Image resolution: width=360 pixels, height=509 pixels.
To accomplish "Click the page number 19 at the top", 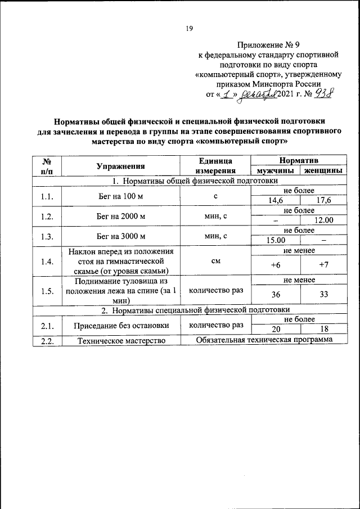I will [x=190, y=30].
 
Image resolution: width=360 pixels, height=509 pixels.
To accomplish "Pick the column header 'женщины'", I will [x=322, y=170].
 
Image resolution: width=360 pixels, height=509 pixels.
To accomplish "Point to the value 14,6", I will [x=276, y=201].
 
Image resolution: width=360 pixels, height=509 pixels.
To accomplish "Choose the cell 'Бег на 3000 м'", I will [x=120, y=236].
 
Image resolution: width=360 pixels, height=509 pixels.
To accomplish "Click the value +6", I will [x=276, y=265].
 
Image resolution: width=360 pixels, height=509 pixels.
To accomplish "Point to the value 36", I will [x=276, y=294].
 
